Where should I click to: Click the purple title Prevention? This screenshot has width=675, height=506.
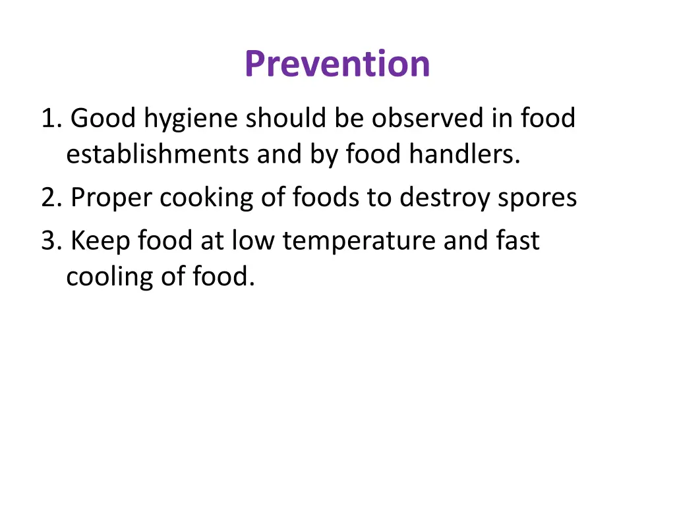(x=337, y=64)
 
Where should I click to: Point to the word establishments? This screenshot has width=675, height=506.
(x=158, y=155)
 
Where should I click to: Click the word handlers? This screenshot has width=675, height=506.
(x=464, y=155)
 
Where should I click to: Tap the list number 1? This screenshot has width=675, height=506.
(x=50, y=119)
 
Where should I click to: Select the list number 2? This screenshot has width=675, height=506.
(x=50, y=198)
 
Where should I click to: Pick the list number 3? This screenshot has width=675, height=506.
(x=50, y=240)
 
